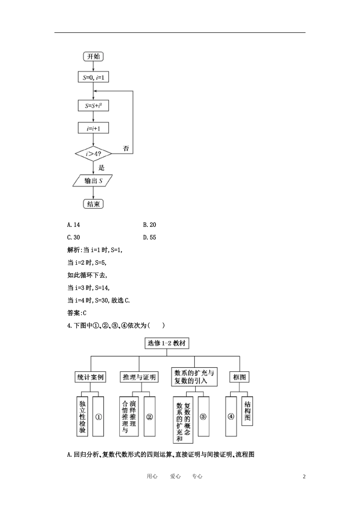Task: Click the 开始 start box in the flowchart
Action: click(93, 56)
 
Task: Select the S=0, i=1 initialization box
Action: click(93, 78)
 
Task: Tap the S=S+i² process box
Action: click(93, 106)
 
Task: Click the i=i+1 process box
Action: click(93, 128)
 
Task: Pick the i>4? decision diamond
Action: click(93, 154)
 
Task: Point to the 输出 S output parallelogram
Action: click(93, 181)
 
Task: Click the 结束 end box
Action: click(93, 204)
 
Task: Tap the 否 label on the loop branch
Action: click(126, 148)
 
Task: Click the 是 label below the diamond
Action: click(101, 167)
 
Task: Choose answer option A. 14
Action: click(74, 225)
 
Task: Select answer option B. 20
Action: click(150, 225)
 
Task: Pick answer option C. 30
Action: click(74, 237)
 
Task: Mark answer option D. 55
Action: click(150, 237)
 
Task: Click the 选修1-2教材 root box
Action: click(167, 343)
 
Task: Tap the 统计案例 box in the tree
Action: click(90, 377)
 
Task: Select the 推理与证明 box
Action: click(139, 377)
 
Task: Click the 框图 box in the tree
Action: click(239, 377)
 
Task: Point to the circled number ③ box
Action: click(203, 417)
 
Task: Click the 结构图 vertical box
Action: click(247, 411)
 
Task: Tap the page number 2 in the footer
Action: click(304, 476)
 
